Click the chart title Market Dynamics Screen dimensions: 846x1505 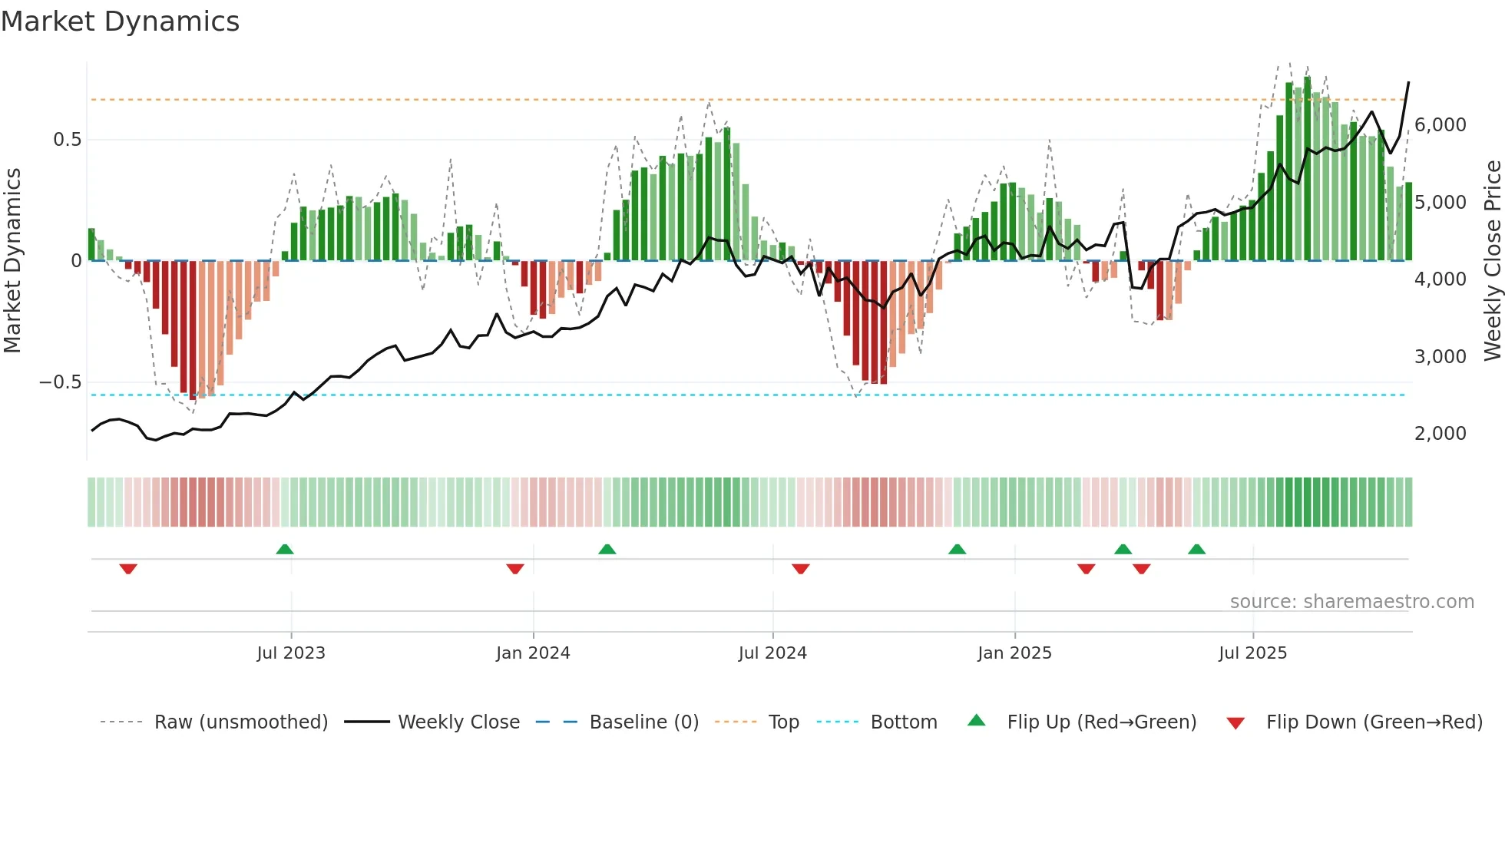pyautogui.click(x=120, y=21)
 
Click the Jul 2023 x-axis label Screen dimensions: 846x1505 pyautogui.click(x=291, y=653)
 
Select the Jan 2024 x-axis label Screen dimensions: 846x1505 pyautogui.click(x=533, y=653)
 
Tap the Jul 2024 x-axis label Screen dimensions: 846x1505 pyautogui.click(x=772, y=653)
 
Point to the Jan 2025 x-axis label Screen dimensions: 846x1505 pyautogui.click(x=1014, y=653)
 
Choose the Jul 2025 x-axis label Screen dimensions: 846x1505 pyautogui.click(x=1252, y=653)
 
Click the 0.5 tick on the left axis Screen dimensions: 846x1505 pyautogui.click(x=67, y=140)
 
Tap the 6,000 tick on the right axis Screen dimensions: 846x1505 pyautogui.click(x=1440, y=125)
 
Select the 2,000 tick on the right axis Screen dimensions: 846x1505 pyautogui.click(x=1440, y=434)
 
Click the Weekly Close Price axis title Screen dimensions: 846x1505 pyautogui.click(x=1492, y=261)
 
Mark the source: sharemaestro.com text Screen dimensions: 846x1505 pyautogui.click(x=1351, y=602)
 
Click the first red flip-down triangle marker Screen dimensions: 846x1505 pyautogui.click(x=128, y=569)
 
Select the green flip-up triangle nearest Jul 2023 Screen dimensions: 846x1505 pyautogui.click(x=285, y=549)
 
